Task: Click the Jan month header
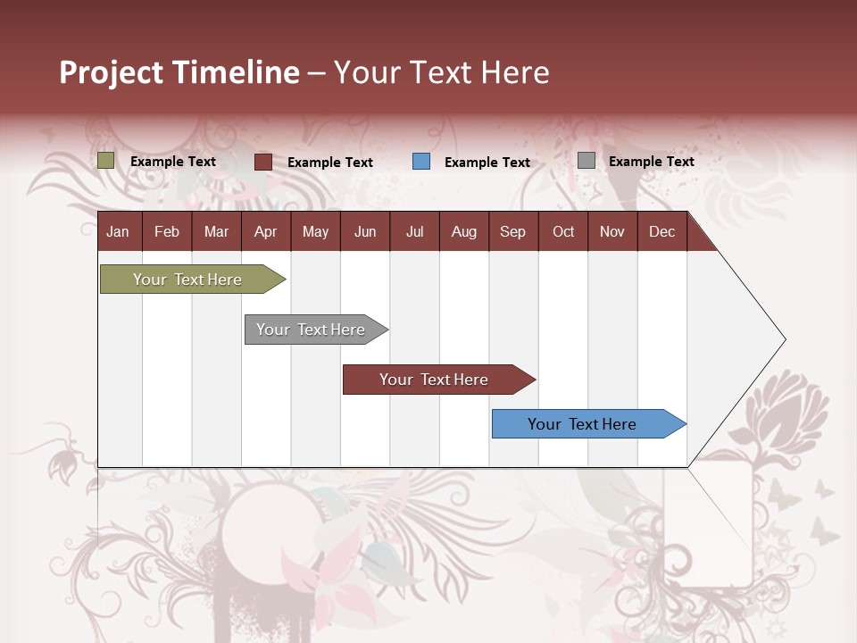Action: pos(118,231)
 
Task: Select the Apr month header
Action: pos(266,231)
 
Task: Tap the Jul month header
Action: pos(414,231)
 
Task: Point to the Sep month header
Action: pos(512,231)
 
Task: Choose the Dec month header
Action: pos(661,231)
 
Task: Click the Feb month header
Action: pos(167,231)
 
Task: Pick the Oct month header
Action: pos(562,231)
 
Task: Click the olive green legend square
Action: pos(106,161)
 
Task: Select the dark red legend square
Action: pos(263,162)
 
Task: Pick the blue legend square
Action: pos(421,162)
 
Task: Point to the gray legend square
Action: pos(587,161)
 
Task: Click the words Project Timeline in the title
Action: pos(179,72)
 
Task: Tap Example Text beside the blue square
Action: pos(487,163)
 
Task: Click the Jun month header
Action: pos(364,231)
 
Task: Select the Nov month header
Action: pos(612,231)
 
